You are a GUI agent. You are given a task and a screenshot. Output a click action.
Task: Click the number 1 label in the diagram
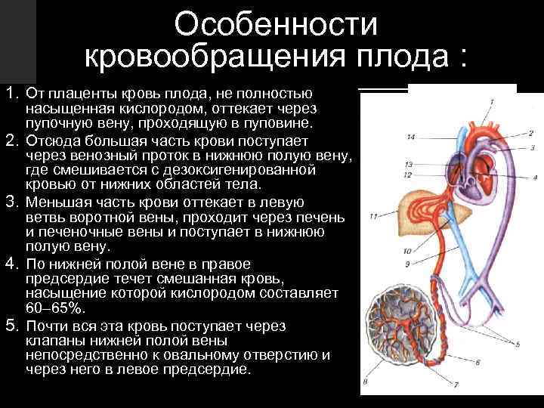pyautogui.click(x=491, y=100)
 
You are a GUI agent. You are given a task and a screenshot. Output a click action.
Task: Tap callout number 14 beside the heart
pyautogui.click(x=410, y=137)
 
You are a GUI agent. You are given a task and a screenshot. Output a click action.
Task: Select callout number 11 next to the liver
pyautogui.click(x=373, y=217)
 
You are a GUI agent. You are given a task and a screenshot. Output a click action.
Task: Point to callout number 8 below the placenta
pyautogui.click(x=366, y=382)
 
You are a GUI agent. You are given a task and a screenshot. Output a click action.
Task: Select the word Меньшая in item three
pyautogui.click(x=54, y=202)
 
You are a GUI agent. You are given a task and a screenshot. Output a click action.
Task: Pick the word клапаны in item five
pyautogui.click(x=52, y=341)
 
